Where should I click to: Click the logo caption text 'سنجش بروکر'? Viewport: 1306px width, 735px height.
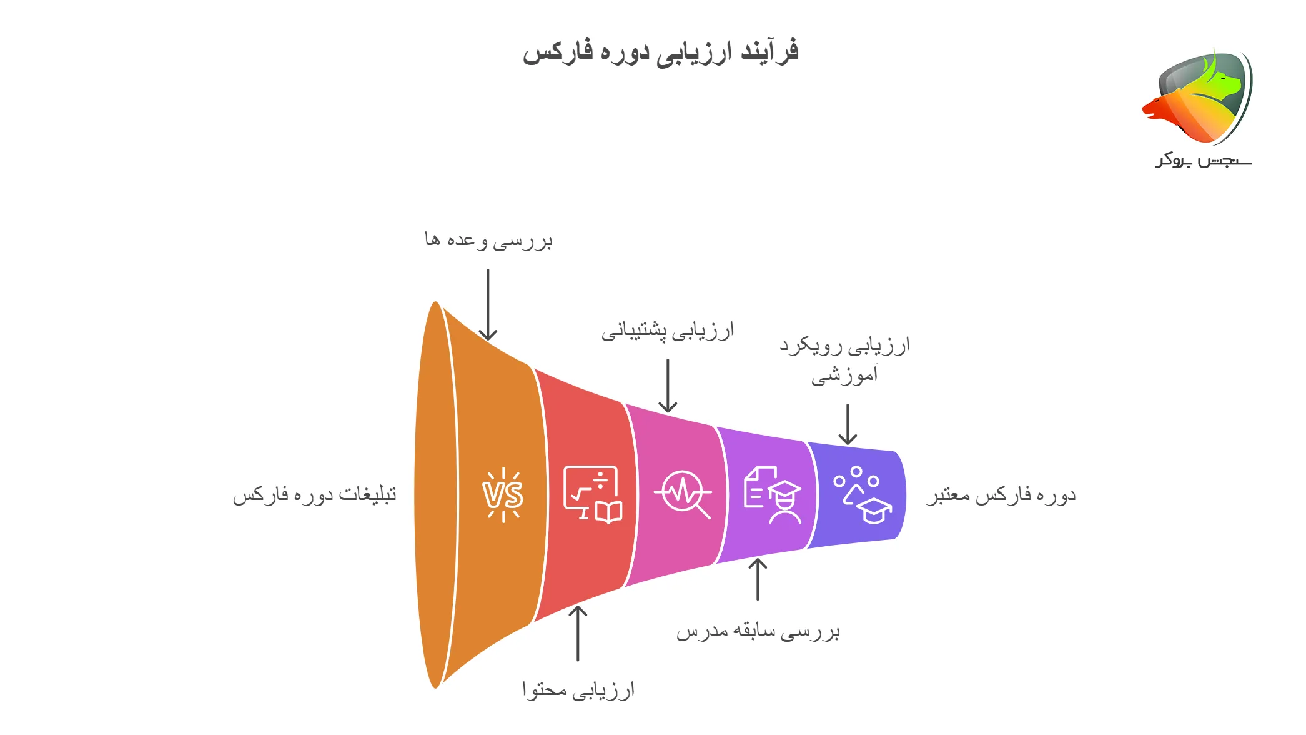coord(1203,161)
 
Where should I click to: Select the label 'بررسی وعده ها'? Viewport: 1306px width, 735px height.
coord(488,241)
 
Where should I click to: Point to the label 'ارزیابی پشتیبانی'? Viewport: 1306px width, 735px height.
coord(667,331)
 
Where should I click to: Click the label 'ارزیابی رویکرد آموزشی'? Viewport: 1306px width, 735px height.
coord(845,360)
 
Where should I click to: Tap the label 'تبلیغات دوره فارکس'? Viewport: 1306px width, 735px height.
coord(314,495)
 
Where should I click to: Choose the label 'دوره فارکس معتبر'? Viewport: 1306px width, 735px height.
coord(1001,496)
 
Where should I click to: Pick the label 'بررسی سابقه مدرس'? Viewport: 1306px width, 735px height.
coord(758,631)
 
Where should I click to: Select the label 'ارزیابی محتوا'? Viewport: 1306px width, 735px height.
coord(578,690)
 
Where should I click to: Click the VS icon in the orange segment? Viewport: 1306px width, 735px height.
coord(503,495)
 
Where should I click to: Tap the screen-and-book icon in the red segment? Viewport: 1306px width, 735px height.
coord(592,494)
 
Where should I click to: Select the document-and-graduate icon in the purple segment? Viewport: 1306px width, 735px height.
coord(773,495)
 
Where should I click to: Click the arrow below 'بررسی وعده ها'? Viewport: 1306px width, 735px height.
coord(488,305)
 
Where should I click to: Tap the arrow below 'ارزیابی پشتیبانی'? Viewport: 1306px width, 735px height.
coord(668,386)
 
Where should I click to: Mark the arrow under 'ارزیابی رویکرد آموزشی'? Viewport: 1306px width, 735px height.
coord(848,424)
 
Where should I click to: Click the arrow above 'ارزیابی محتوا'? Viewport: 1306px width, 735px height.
coord(578,633)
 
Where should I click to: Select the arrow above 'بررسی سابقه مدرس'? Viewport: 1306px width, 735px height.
coord(758,579)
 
